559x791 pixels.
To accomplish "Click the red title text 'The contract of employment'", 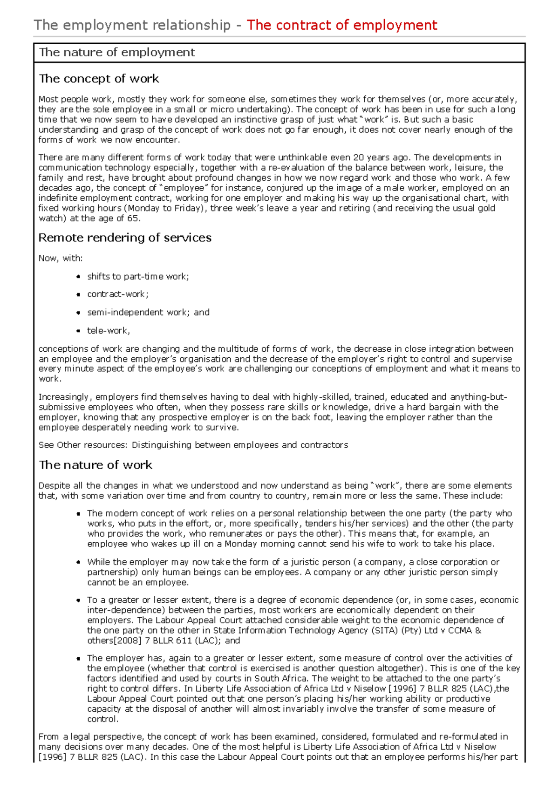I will point(341,25).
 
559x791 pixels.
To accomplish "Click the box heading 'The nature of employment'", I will point(116,52).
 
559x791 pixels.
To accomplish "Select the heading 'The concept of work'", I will point(99,79).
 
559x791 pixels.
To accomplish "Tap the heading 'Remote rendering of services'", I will point(125,238).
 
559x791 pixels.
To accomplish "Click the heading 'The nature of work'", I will point(95,465).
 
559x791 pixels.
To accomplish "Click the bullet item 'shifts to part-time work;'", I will point(138,277).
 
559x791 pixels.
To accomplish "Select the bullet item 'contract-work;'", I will point(118,294).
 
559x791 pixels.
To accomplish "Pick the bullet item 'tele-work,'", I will point(109,331).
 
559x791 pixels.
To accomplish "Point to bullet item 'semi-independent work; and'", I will point(148,313).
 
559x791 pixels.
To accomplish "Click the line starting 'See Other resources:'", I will point(193,445).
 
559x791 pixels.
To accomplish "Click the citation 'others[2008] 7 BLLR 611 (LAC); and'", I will point(164,641).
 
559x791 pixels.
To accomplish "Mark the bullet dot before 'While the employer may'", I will point(78,562).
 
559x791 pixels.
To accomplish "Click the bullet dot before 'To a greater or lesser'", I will point(78,600).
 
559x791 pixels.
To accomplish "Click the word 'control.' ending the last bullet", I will point(102,719).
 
